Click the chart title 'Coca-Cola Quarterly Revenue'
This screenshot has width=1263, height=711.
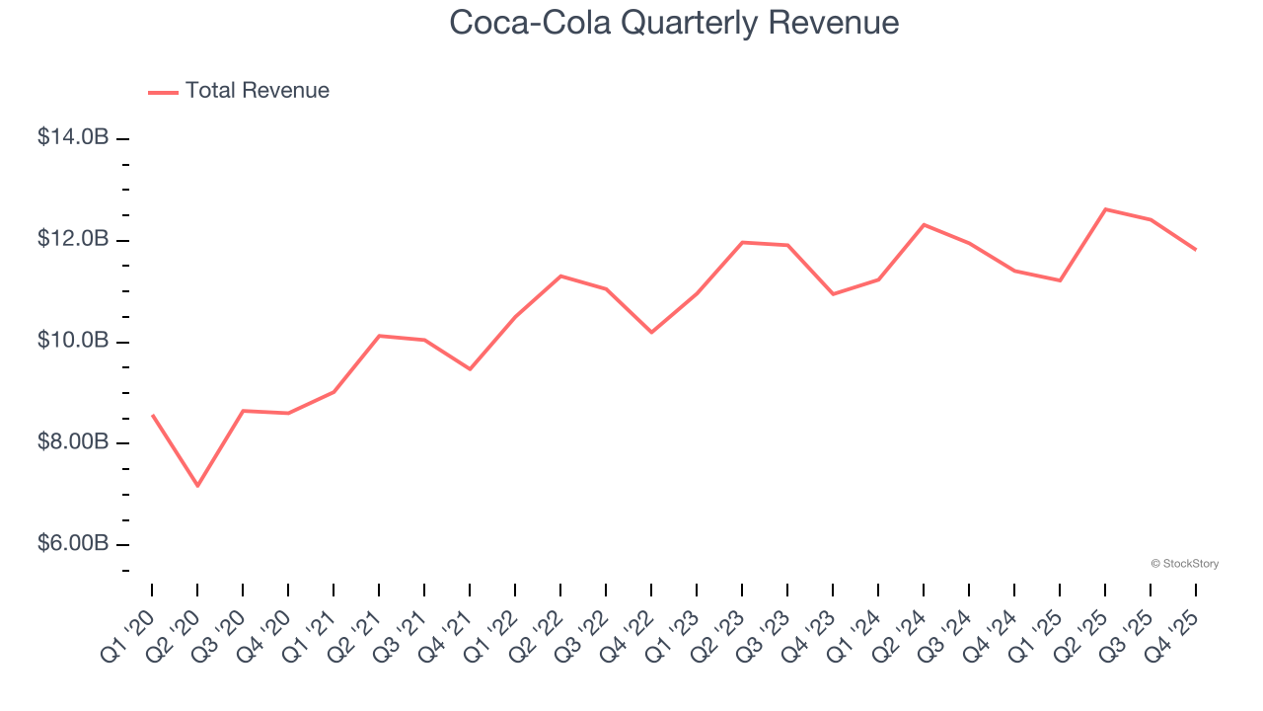(x=674, y=23)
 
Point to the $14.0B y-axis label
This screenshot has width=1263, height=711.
(x=73, y=138)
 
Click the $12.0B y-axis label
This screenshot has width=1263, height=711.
(x=73, y=240)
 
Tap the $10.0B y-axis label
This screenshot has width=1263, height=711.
(x=73, y=341)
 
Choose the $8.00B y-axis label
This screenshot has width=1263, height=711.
(x=73, y=442)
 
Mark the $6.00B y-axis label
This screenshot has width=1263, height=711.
(x=73, y=544)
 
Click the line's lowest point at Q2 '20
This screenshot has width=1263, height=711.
(x=197, y=486)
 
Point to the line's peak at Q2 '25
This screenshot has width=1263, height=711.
(x=1105, y=209)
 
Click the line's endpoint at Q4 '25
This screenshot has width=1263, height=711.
(x=1196, y=249)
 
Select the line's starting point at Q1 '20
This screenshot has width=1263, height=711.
(x=152, y=416)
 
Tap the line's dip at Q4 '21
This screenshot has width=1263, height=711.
(x=470, y=369)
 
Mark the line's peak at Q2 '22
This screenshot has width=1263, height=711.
(x=560, y=276)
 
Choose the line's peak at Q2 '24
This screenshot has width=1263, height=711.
(x=924, y=224)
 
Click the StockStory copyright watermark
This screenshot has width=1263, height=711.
(x=1185, y=564)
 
